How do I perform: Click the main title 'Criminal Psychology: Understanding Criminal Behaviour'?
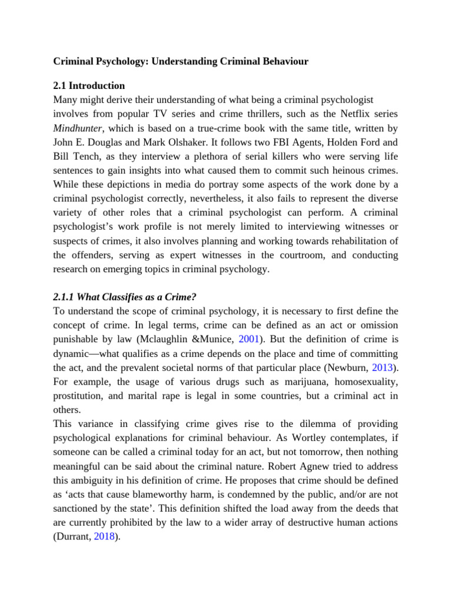[181, 61]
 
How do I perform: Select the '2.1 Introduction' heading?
[89, 85]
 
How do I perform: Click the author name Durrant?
[73, 537]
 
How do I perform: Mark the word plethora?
[210, 156]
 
